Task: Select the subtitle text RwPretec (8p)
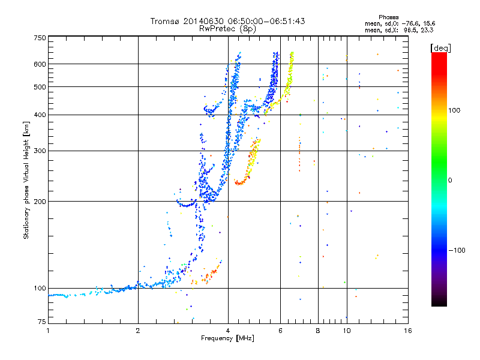pyautogui.click(x=227, y=28)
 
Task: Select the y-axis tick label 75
pyautogui.click(x=41, y=321)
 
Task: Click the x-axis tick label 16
pyautogui.click(x=407, y=331)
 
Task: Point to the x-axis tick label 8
pyautogui.click(x=318, y=331)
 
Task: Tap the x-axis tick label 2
pyautogui.click(x=138, y=331)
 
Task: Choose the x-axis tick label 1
pyautogui.click(x=48, y=331)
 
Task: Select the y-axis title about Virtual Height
pyautogui.click(x=26, y=181)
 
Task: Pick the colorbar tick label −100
pyautogui.click(x=458, y=250)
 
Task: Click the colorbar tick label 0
pyautogui.click(x=450, y=180)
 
